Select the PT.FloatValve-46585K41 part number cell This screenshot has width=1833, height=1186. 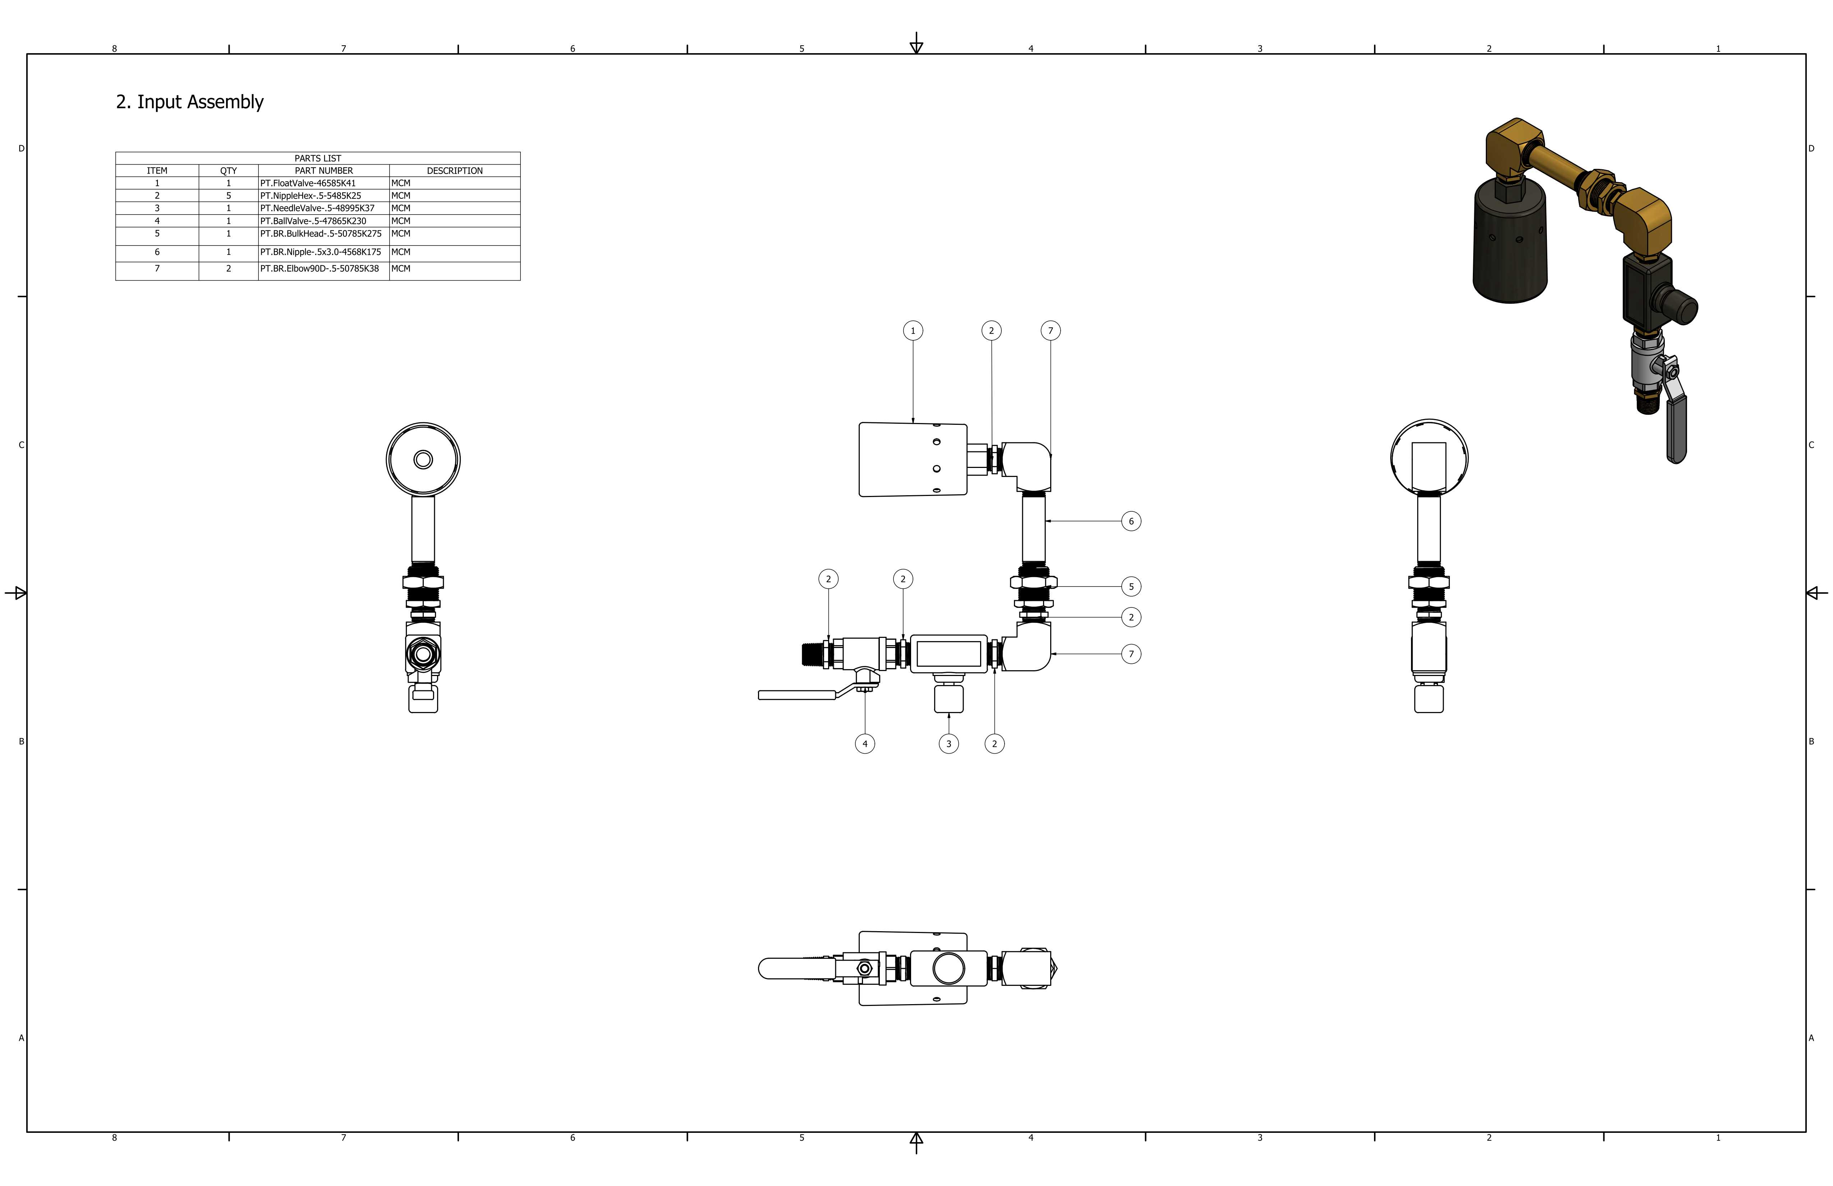click(x=323, y=183)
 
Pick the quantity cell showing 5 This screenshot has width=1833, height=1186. click(x=229, y=196)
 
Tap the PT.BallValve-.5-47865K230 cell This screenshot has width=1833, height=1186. click(x=323, y=221)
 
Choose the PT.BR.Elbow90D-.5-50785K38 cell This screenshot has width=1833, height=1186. click(x=323, y=269)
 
